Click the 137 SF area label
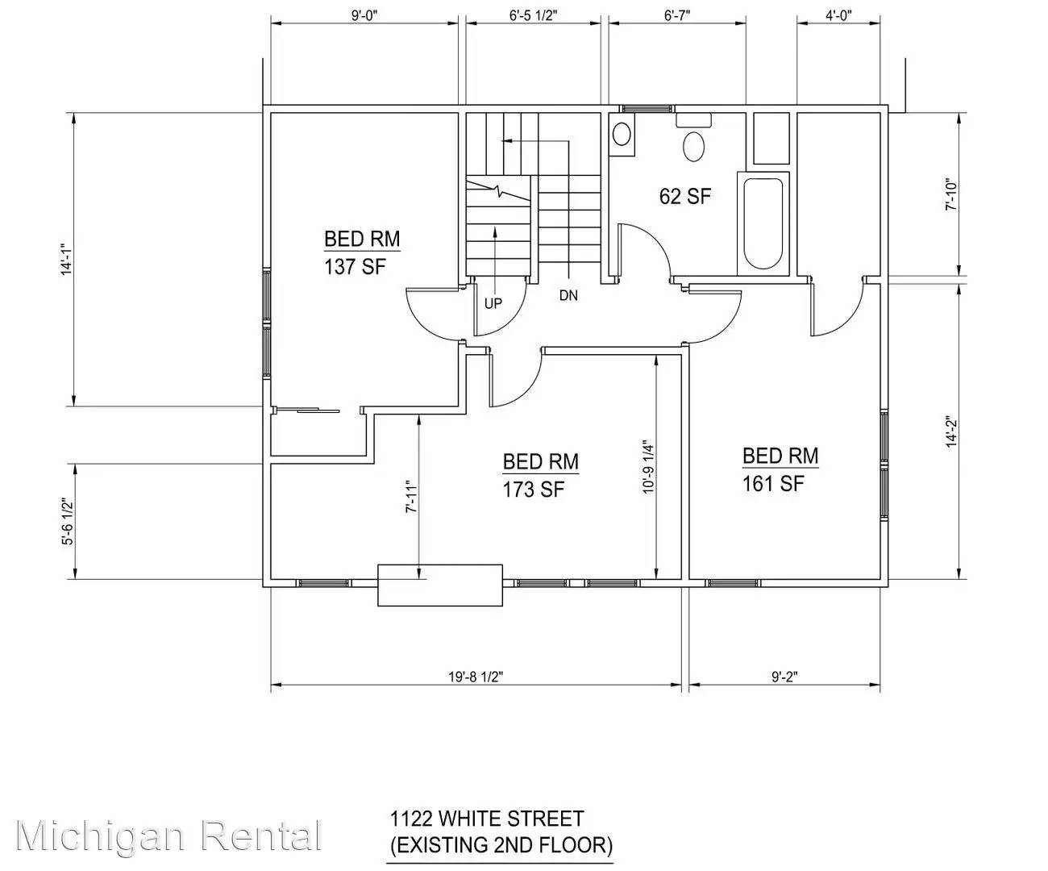(x=355, y=267)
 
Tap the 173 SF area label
(x=534, y=489)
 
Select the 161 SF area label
(x=773, y=483)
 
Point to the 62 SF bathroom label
(x=685, y=196)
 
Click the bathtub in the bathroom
(x=763, y=224)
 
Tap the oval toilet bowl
(x=693, y=146)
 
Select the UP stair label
(x=493, y=304)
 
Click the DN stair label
(x=568, y=296)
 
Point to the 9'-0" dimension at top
(x=364, y=15)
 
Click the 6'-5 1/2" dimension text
(x=534, y=15)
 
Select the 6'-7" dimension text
(x=677, y=15)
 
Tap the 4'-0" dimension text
(x=838, y=15)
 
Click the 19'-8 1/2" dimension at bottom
(x=476, y=677)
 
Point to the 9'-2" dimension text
(x=784, y=677)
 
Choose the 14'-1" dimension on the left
(x=67, y=260)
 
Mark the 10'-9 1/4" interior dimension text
(x=648, y=469)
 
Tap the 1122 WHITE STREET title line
(x=487, y=819)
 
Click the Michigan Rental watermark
(x=168, y=836)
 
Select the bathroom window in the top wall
(x=646, y=108)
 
